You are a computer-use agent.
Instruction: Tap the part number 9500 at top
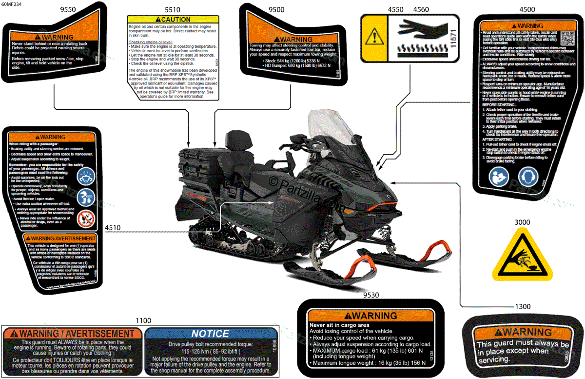point(277,9)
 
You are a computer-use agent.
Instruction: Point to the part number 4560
point(421,9)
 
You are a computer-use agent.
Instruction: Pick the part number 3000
point(522,222)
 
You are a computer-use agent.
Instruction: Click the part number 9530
point(372,294)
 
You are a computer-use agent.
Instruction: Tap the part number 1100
point(143,320)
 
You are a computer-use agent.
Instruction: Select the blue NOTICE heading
point(210,334)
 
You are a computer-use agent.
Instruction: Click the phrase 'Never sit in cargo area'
point(339,325)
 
